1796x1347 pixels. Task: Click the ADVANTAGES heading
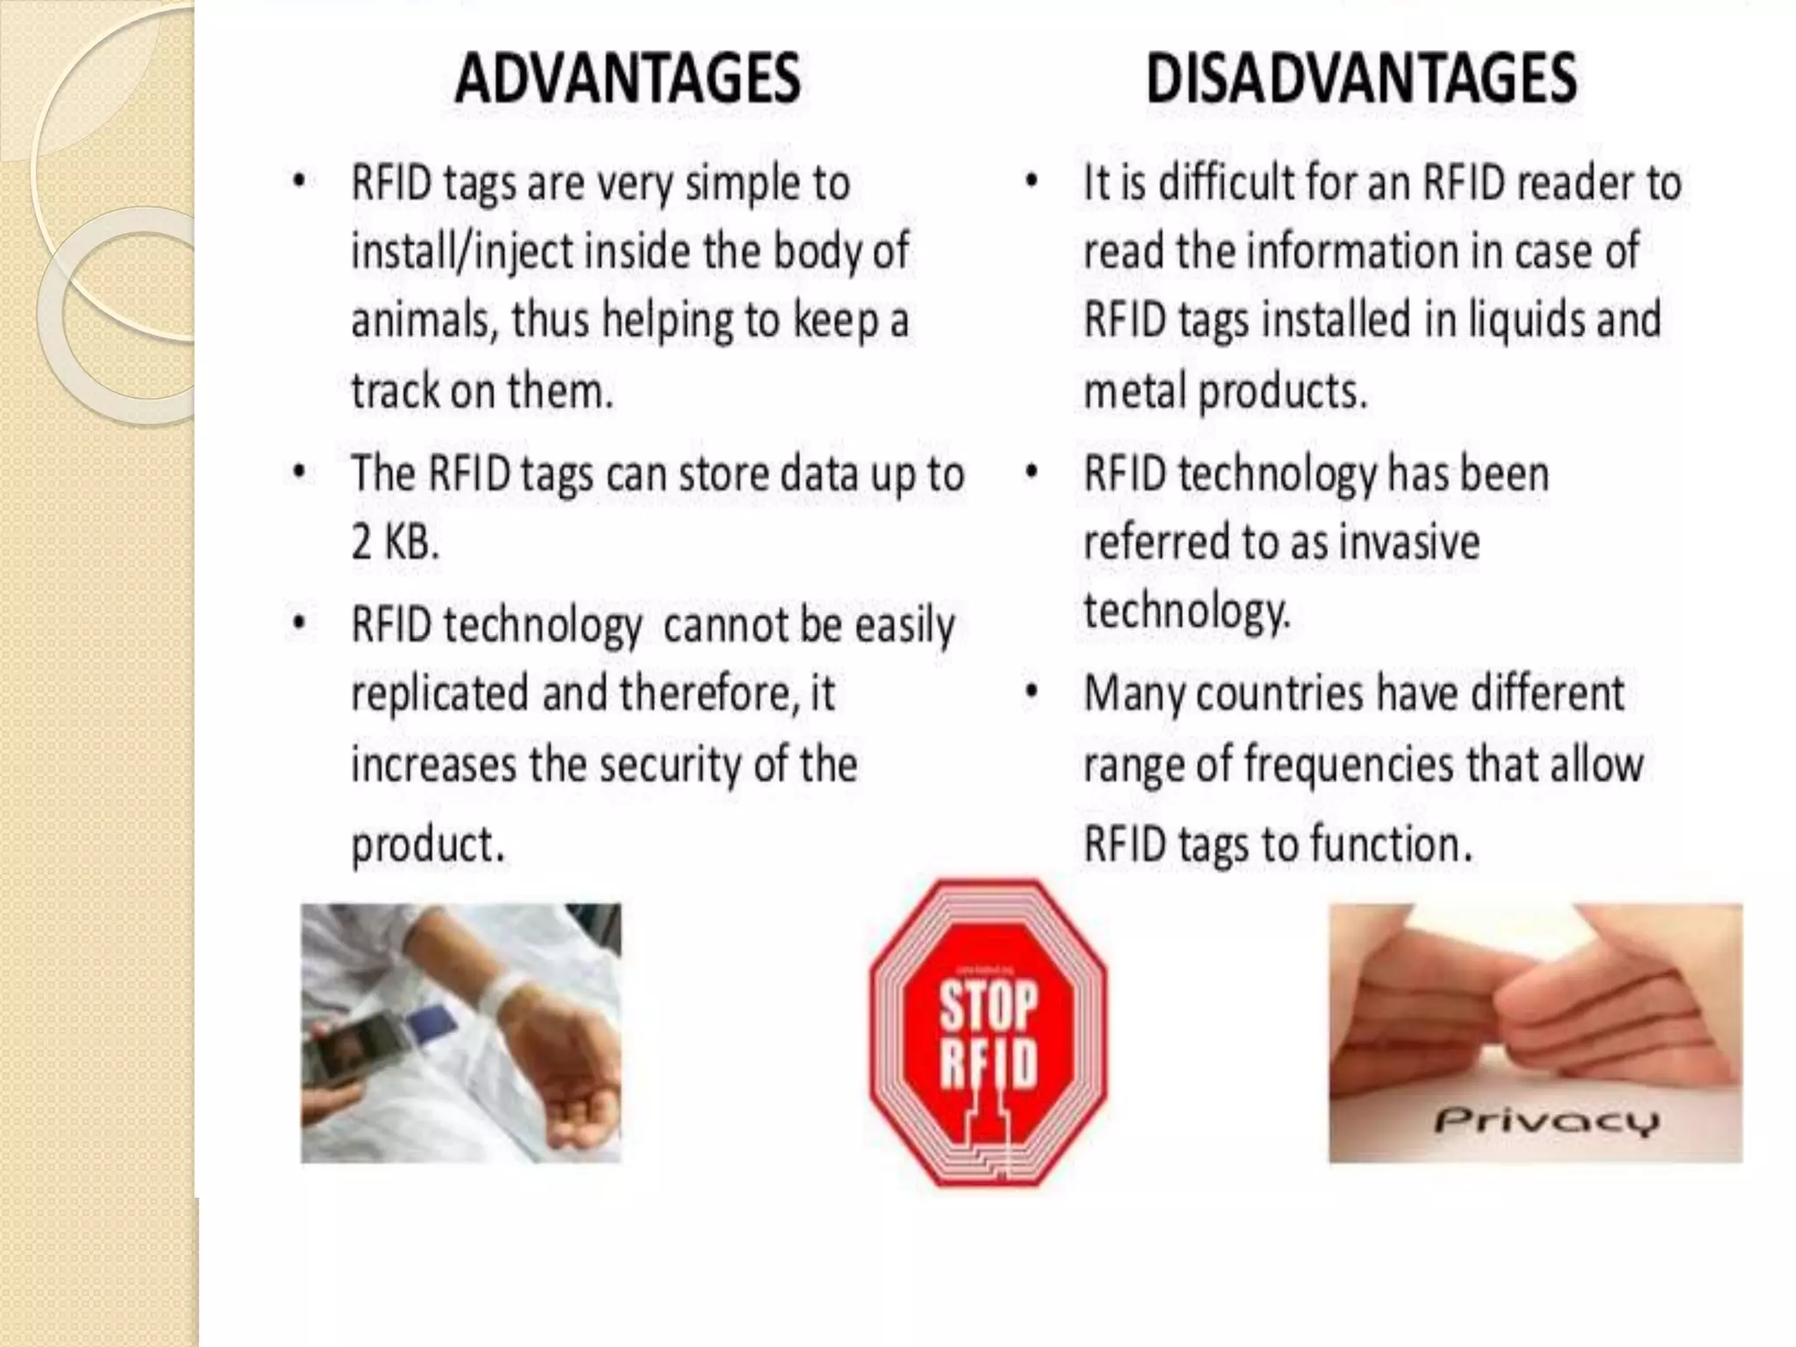click(x=627, y=78)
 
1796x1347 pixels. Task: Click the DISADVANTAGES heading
click(x=1361, y=78)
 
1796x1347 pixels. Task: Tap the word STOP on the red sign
click(x=988, y=1005)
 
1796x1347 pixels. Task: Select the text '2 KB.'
click(x=395, y=542)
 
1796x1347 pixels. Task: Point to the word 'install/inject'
click(x=461, y=252)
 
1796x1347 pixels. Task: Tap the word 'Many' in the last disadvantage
click(x=1135, y=694)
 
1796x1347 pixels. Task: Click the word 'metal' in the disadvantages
click(x=1135, y=391)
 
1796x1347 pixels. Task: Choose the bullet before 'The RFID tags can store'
click(x=300, y=473)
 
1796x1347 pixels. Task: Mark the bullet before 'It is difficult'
click(x=1032, y=182)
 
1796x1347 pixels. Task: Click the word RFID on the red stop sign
click(x=988, y=1064)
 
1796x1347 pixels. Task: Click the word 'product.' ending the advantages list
click(x=428, y=845)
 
